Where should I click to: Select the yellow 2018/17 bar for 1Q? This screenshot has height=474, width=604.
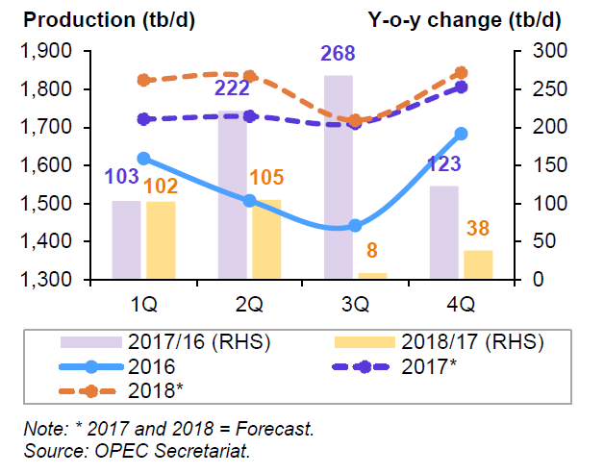coord(161,240)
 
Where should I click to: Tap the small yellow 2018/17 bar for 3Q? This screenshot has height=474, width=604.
coord(372,276)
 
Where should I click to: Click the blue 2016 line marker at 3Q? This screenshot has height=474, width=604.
coord(355,225)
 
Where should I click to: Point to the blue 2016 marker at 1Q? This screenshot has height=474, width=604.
coord(143,159)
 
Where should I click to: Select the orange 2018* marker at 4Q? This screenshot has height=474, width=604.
coord(461,73)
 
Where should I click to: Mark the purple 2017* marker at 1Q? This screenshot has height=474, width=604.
coord(143,119)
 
